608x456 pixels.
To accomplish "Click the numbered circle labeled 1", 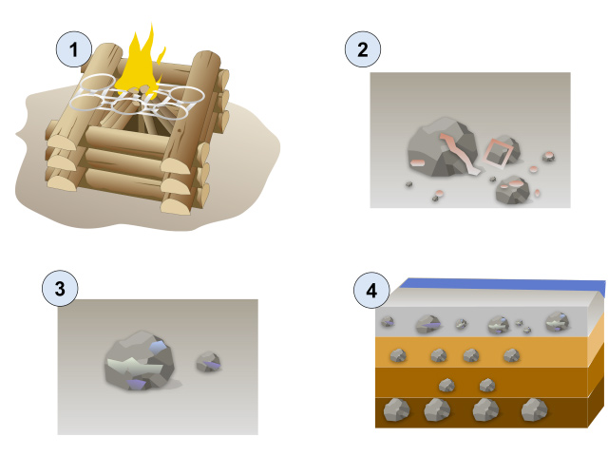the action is click(x=74, y=49).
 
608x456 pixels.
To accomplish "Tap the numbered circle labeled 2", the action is click(x=363, y=49).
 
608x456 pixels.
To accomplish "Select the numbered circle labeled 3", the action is click(x=60, y=289).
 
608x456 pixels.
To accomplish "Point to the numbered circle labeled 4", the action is click(x=371, y=291).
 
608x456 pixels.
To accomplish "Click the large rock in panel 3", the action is click(x=140, y=361).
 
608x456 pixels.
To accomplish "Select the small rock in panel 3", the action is click(x=208, y=362).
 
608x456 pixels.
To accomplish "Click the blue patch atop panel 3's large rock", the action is click(x=159, y=346).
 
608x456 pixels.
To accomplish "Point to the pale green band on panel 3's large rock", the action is click(x=135, y=366).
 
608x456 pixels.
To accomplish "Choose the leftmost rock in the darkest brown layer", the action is click(x=396, y=409).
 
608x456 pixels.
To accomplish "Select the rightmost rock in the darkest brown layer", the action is click(x=534, y=409).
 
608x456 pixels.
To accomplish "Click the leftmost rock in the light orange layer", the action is click(x=398, y=355).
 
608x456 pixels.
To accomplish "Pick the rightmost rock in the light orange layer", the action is click(x=511, y=355).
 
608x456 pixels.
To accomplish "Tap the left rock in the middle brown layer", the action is click(x=446, y=386).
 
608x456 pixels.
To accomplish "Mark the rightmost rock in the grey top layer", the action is click(x=558, y=322).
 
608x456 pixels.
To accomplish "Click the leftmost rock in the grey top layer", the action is click(x=388, y=321).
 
